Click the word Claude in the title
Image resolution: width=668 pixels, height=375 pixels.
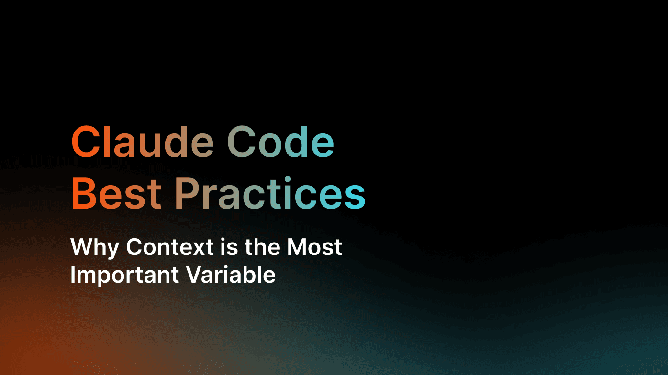tap(143, 142)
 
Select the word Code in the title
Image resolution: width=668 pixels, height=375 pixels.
tap(280, 142)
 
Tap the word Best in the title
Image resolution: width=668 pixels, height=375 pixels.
tap(116, 193)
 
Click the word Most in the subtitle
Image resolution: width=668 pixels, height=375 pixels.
tap(314, 247)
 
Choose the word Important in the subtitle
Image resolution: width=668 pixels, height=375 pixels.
tap(124, 275)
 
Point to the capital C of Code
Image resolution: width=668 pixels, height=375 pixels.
tap(242, 142)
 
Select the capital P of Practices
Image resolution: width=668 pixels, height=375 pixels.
tap(190, 193)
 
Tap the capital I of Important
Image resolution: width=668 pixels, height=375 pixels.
tap(73, 275)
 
